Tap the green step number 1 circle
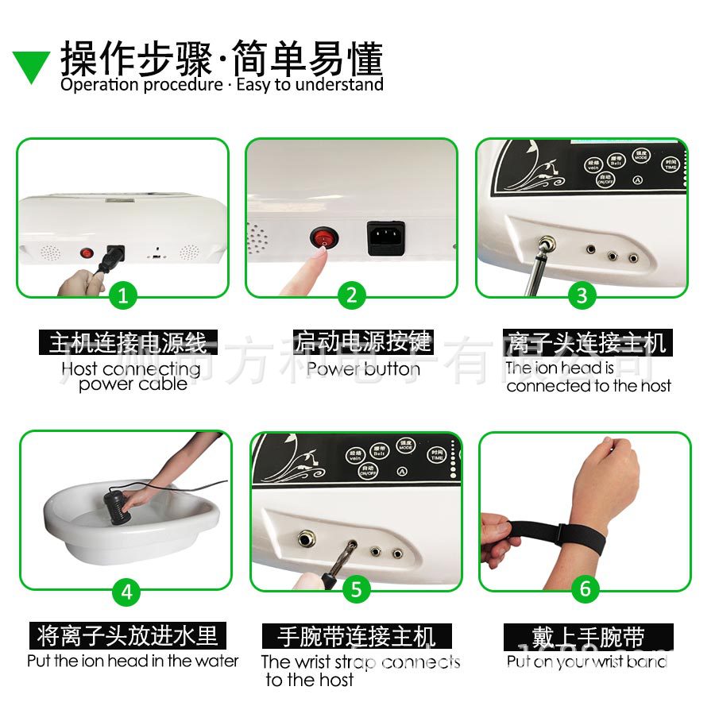[122, 296]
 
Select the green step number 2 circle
[351, 296]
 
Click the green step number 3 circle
[582, 296]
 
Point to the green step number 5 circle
[356, 589]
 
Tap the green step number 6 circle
[586, 588]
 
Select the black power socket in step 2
[385, 237]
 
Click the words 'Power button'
[363, 369]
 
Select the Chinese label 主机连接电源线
[128, 343]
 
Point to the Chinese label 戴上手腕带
[588, 637]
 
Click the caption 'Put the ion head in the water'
[133, 661]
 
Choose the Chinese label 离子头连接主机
[587, 343]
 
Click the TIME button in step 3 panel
[671, 164]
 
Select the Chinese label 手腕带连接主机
[357, 637]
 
